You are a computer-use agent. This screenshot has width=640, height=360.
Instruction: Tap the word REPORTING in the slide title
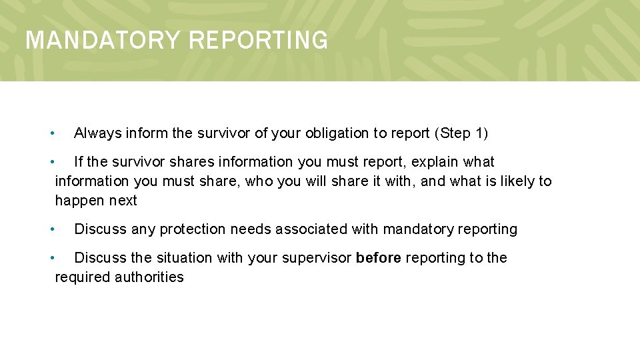tap(258, 41)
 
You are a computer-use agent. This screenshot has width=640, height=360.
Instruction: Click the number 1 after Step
tap(479, 133)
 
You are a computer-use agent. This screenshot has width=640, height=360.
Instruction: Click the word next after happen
tap(123, 201)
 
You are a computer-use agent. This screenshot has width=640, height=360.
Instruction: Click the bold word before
tap(378, 258)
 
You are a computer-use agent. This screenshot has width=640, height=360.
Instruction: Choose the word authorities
tap(149, 277)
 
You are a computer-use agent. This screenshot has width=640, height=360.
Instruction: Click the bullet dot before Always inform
tap(52, 133)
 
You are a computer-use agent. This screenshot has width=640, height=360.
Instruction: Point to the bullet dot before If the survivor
tap(52, 162)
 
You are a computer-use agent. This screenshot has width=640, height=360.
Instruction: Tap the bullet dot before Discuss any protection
tap(52, 229)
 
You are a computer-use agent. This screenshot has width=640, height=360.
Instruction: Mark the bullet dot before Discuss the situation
tap(52, 258)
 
